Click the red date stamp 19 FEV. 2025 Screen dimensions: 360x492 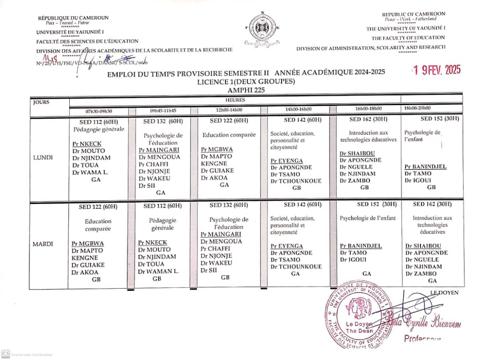pos(436,70)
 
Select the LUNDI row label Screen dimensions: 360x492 pos(43,157)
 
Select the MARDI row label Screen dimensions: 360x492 pos(43,244)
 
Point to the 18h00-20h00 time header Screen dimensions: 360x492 pos(417,108)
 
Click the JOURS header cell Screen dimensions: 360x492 pos(41,102)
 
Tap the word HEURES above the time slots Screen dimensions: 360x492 pos(235,100)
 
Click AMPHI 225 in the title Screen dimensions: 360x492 pos(246,90)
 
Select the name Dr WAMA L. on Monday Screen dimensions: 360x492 pos(91,172)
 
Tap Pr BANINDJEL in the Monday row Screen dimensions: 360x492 pos(425,167)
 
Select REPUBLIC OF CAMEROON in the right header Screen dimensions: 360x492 pos(413,14)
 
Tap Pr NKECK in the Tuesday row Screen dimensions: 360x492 pos(153,243)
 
